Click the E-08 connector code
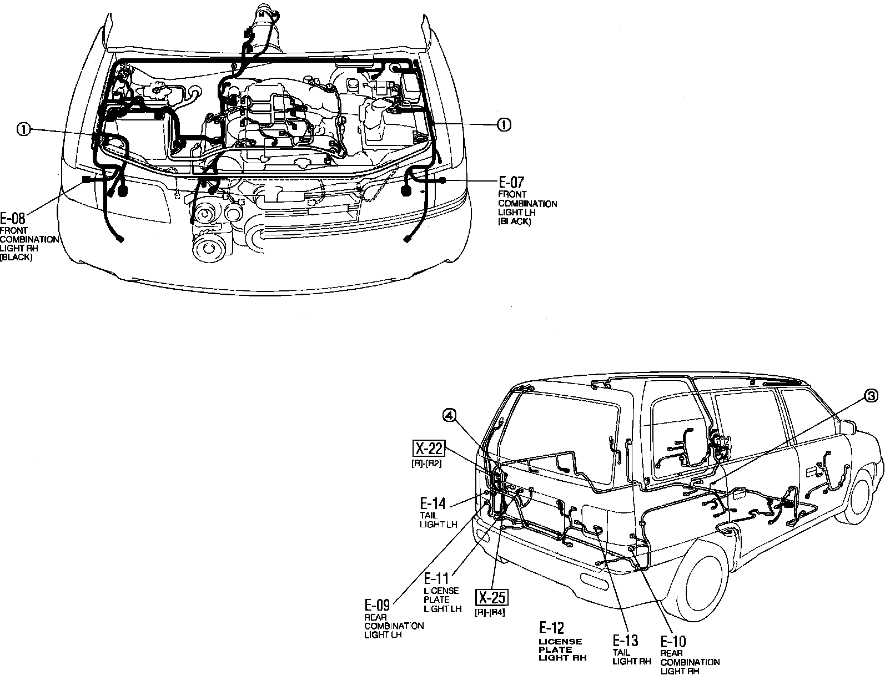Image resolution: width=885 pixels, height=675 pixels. tap(13, 218)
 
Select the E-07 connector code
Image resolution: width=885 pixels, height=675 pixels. tap(511, 183)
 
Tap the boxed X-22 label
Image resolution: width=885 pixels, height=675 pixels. tap(428, 448)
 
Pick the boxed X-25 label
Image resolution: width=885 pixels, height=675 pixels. tap(492, 598)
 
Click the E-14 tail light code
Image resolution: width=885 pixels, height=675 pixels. tap(433, 504)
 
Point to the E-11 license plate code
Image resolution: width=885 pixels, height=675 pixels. tap(436, 578)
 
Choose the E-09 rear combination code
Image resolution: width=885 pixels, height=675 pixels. tap(377, 605)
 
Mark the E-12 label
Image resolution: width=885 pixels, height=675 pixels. tap(551, 628)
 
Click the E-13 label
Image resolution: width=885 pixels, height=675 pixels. tap(625, 640)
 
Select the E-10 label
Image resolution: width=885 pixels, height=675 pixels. tap(673, 642)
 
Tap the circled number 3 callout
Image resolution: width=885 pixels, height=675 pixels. tap(871, 396)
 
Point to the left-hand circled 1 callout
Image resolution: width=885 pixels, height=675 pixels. tap(23, 129)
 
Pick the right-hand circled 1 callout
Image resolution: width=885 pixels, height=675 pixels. tap(504, 124)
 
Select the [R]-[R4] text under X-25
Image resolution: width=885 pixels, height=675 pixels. tap(490, 612)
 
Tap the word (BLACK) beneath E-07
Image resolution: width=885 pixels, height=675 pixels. tap(514, 221)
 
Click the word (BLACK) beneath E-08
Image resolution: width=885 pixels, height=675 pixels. tap(16, 257)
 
